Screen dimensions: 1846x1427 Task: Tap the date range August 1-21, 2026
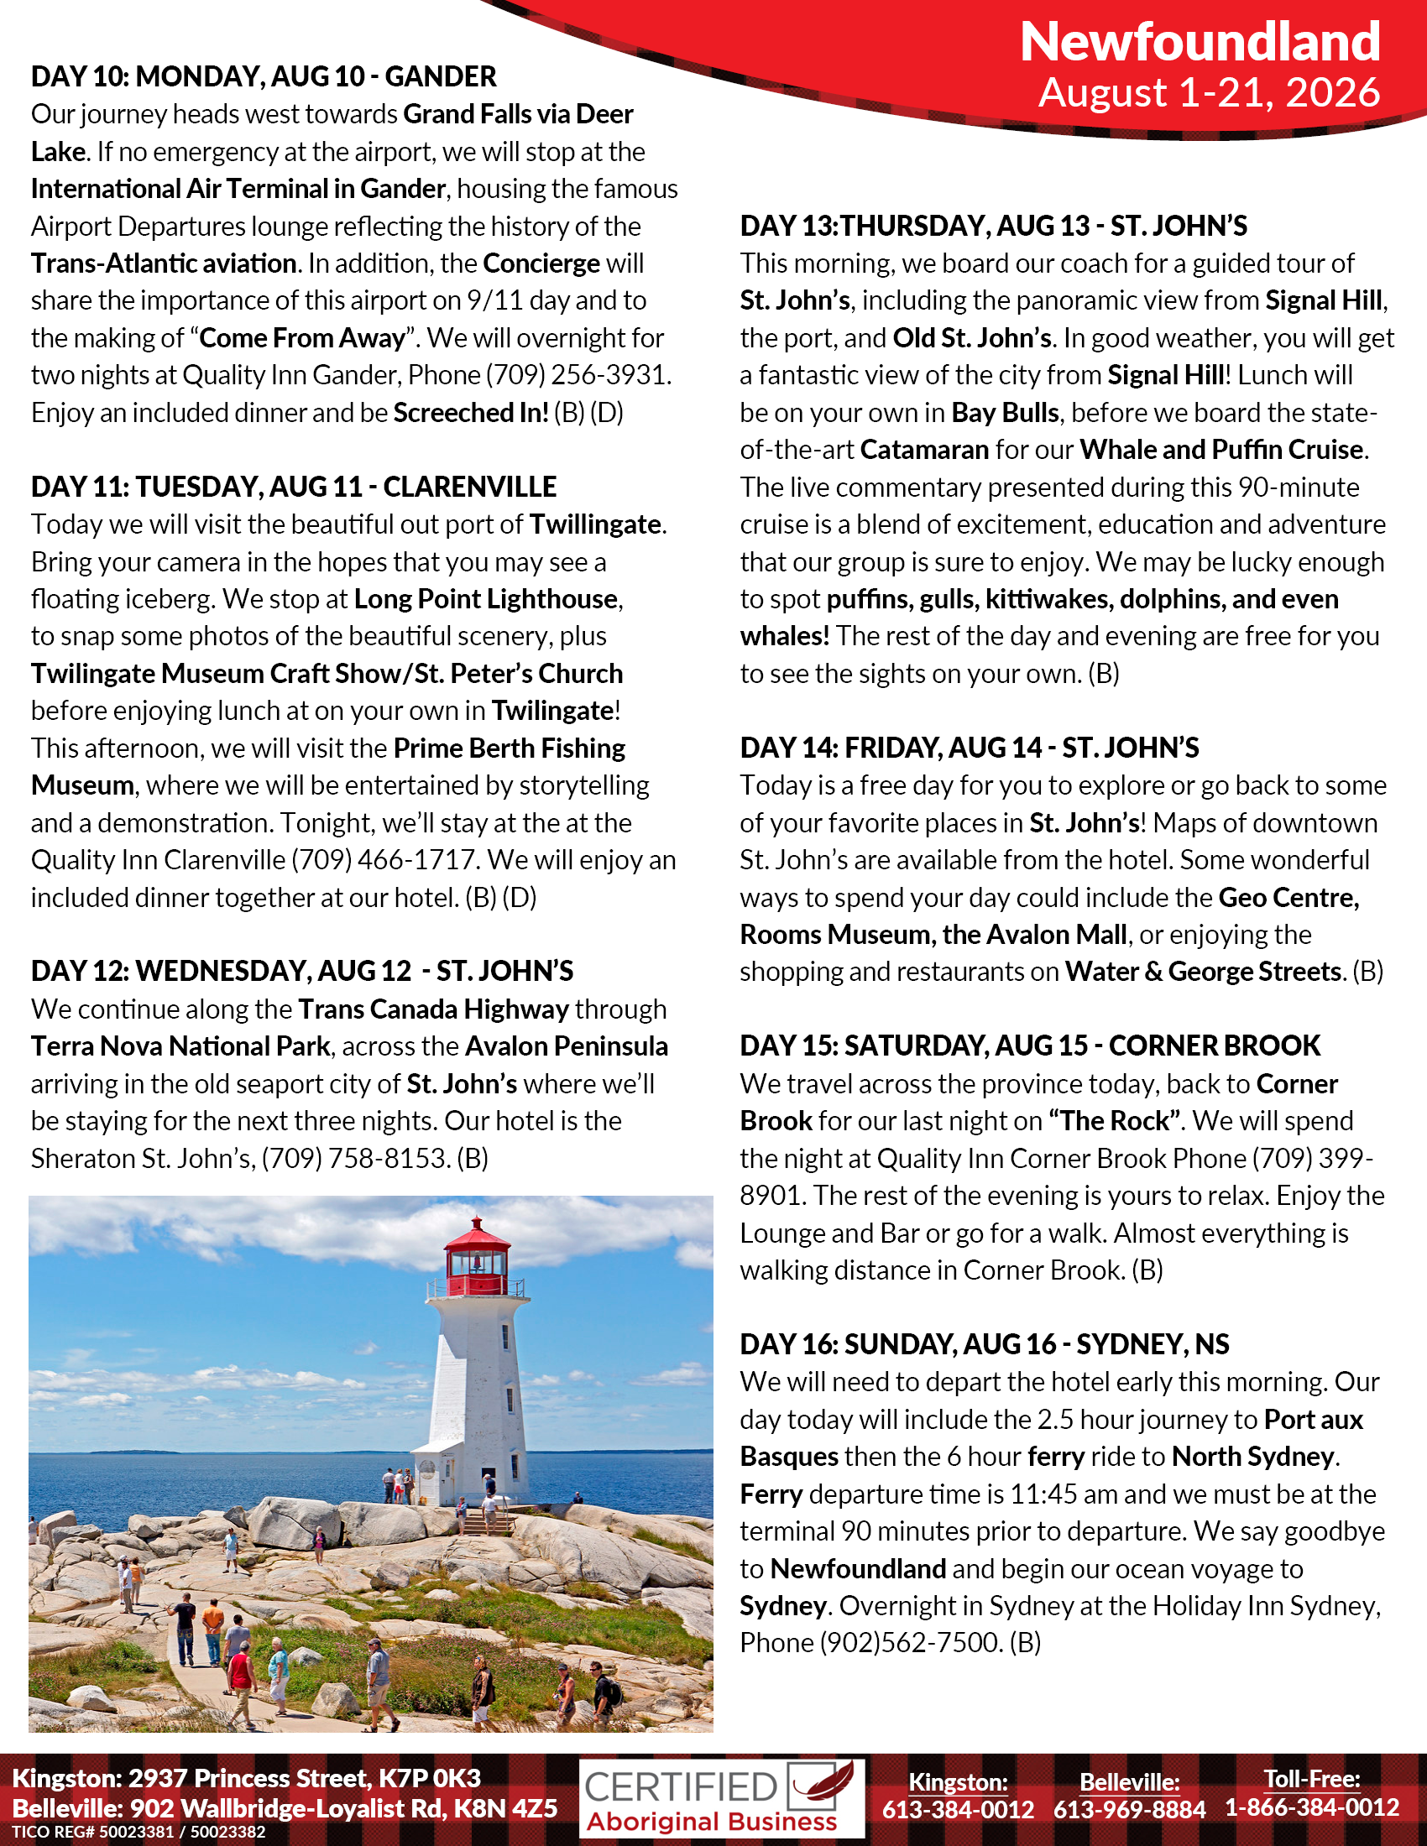[x=1209, y=92]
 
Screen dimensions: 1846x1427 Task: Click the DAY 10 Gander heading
[x=264, y=77]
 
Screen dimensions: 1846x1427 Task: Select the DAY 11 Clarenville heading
[x=293, y=487]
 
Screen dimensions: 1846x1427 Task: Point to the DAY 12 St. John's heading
[x=302, y=970]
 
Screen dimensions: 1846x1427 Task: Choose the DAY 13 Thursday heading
[x=993, y=226]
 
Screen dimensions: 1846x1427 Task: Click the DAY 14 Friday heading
[x=969, y=747]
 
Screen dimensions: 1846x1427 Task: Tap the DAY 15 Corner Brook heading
[x=1029, y=1046]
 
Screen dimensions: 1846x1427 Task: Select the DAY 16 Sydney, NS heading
[x=984, y=1344]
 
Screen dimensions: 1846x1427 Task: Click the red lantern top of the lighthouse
[x=478, y=1247]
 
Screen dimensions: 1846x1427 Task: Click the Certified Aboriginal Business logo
[x=721, y=1798]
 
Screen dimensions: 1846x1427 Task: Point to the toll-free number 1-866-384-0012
[x=1312, y=1807]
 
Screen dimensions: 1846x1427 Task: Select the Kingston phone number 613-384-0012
[x=958, y=1809]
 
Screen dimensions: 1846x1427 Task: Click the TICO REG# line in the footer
[x=139, y=1832]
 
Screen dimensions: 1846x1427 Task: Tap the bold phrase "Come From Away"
[x=303, y=338]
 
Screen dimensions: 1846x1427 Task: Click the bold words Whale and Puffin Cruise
[x=1221, y=450]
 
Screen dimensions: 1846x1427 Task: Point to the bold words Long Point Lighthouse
[x=486, y=598]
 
